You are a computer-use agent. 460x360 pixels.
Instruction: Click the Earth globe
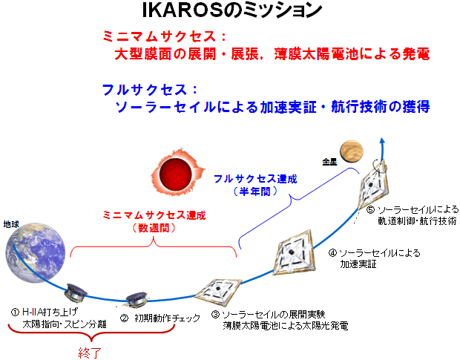(x=36, y=252)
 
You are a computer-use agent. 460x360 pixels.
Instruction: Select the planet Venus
(x=352, y=153)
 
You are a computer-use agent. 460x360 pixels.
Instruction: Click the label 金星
(x=329, y=162)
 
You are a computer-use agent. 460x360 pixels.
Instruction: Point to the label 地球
(x=11, y=224)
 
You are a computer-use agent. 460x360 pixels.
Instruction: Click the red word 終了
(x=90, y=353)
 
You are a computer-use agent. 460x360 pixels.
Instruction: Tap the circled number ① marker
(x=16, y=312)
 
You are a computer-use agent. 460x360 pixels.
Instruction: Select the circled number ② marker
(x=124, y=318)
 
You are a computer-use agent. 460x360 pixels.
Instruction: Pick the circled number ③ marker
(x=215, y=315)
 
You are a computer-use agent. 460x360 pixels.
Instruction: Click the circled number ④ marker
(x=332, y=253)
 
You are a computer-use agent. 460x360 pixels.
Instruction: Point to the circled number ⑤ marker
(x=370, y=210)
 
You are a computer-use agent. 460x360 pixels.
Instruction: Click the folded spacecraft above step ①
(x=76, y=293)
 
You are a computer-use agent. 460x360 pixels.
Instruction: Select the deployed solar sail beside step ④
(x=295, y=252)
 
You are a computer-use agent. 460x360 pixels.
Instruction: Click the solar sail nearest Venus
(x=373, y=184)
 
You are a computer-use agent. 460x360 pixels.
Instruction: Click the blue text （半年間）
(x=255, y=192)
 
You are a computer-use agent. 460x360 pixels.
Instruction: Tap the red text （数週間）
(x=154, y=228)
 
